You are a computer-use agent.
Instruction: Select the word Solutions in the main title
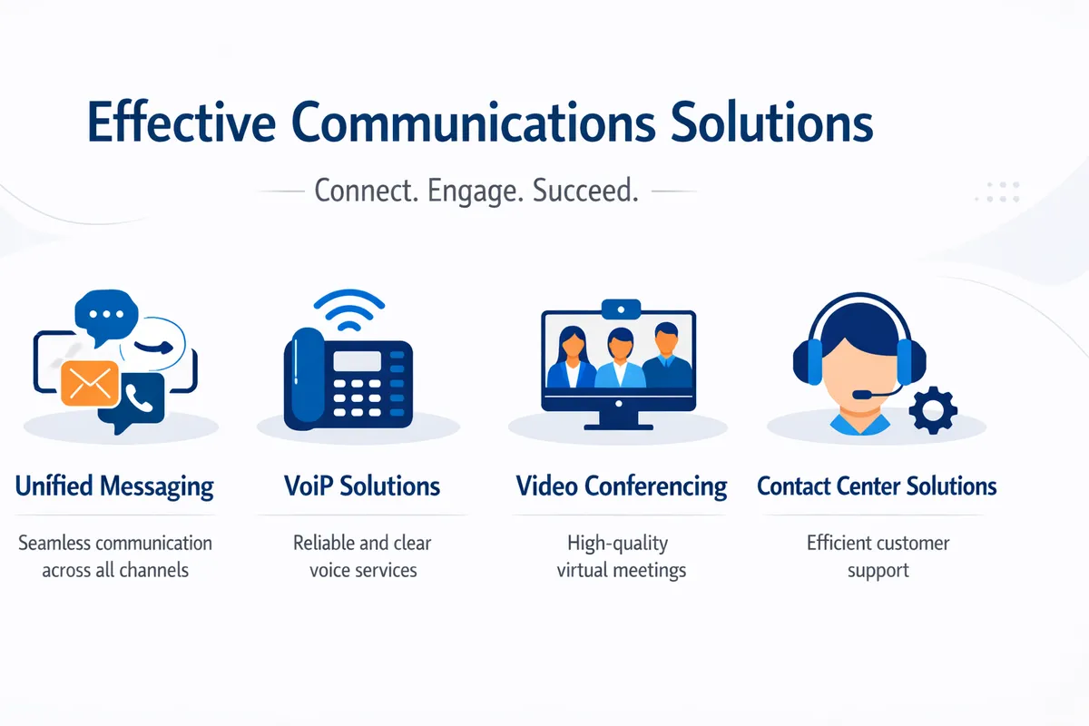point(772,123)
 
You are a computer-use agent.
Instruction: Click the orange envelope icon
point(90,383)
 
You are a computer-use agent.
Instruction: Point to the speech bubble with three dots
point(107,314)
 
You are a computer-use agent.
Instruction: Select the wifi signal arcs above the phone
point(344,312)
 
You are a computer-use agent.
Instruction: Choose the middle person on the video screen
point(620,358)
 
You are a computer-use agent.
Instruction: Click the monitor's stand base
point(618,425)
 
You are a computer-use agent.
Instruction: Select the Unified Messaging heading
point(114,486)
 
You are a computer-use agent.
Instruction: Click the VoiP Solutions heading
point(362,486)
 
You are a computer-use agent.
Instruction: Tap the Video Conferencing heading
point(622,486)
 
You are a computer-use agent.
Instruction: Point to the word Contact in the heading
point(796,486)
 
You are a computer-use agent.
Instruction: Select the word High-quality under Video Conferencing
point(618,544)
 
